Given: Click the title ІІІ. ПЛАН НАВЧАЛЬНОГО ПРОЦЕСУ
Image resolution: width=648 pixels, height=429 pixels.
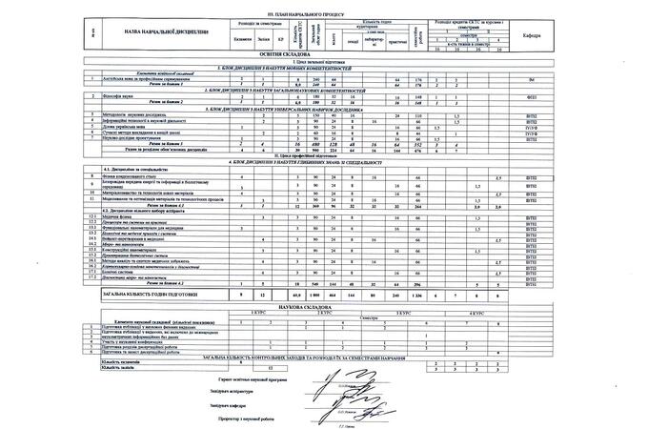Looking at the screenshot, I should [x=323, y=14].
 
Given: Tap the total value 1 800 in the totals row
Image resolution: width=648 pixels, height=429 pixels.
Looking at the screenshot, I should [x=303, y=298].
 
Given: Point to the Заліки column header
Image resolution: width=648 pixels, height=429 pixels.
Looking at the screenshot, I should [x=261, y=39].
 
